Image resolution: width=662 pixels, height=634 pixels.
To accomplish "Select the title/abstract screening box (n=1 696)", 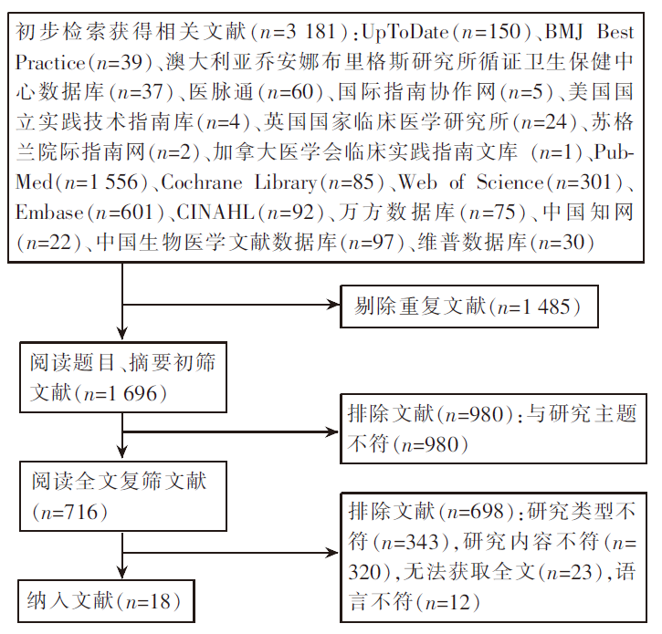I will click(x=122, y=378).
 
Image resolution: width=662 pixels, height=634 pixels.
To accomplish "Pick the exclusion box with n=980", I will click(x=493, y=429).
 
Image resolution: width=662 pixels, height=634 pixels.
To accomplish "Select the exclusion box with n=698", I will click(x=493, y=556).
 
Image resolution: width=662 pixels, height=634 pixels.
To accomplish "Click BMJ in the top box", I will click(x=571, y=34).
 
